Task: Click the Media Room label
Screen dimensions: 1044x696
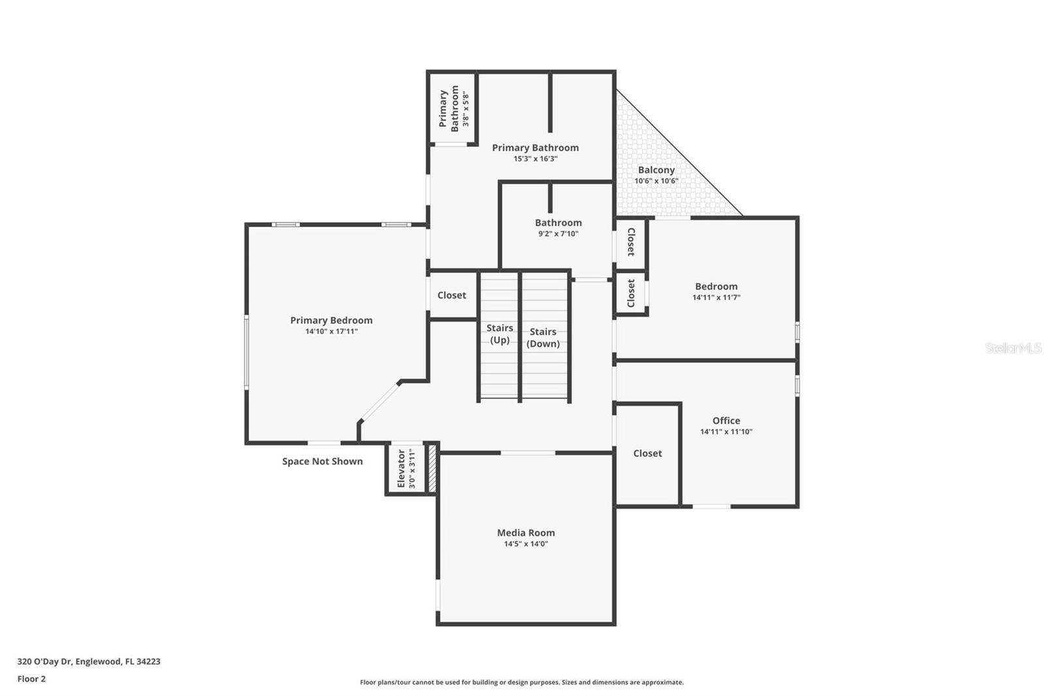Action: coord(526,532)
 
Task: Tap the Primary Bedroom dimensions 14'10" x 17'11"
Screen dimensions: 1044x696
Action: coord(331,331)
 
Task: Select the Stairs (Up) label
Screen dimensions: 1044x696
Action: coord(500,334)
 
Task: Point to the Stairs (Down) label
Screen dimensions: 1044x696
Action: coord(543,338)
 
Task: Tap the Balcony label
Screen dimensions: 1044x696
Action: coord(656,170)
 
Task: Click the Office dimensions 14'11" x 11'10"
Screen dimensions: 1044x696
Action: coord(726,432)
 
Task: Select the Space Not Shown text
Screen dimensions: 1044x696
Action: coord(322,461)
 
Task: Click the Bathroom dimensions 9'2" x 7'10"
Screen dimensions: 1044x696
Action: coord(559,234)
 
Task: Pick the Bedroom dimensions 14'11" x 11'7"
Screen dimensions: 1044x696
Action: coord(716,297)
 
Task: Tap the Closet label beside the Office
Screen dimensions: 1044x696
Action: coord(647,453)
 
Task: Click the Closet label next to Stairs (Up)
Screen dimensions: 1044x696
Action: coord(452,295)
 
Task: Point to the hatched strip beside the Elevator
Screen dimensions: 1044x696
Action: coord(432,468)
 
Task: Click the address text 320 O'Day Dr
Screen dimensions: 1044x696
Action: coord(44,661)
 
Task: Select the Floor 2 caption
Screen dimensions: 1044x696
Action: coord(31,679)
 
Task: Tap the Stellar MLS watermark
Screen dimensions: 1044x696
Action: coord(1013,347)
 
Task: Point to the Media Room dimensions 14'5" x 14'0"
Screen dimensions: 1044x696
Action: coord(526,543)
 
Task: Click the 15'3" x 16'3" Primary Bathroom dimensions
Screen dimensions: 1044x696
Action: coord(536,159)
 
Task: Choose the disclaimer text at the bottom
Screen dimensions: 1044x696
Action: coord(521,682)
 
